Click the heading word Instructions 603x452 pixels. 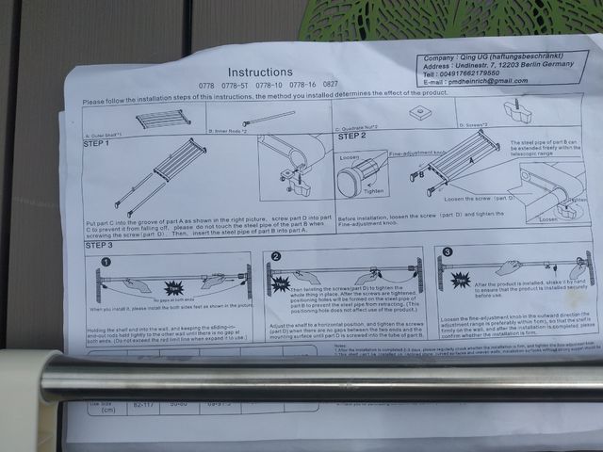pyautogui.click(x=259, y=72)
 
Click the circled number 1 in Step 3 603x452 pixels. pyautogui.click(x=106, y=261)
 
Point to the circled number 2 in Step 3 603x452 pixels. pyautogui.click(x=276, y=256)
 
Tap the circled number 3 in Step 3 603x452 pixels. pyautogui.click(x=447, y=251)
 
